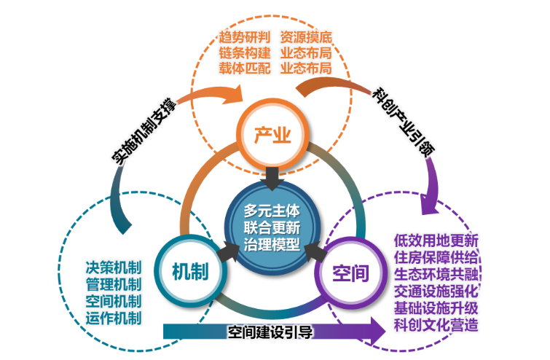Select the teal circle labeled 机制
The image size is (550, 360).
point(190,271)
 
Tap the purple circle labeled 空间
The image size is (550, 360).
point(350,273)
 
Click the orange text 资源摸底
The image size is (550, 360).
point(306,36)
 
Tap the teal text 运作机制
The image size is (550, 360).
point(113,317)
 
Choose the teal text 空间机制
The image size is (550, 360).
point(113,300)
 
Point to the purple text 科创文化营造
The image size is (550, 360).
point(436,325)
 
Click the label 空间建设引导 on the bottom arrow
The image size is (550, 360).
point(270,333)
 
